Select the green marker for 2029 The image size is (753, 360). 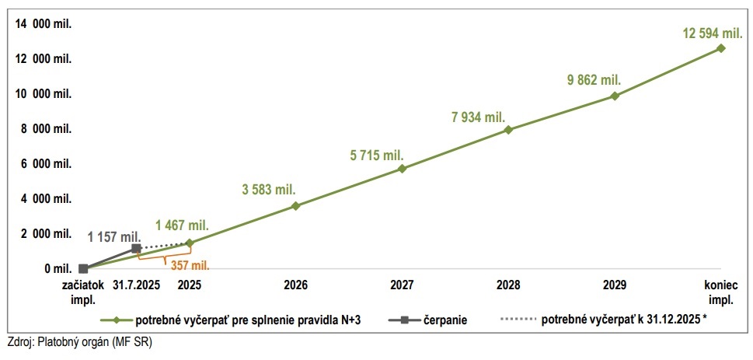[615, 96]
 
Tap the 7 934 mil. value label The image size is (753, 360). [479, 117]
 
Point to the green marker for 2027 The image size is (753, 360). [402, 169]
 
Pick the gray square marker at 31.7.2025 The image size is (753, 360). [136, 249]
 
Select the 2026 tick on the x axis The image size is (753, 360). [295, 285]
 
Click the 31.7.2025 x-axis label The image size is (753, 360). [136, 285]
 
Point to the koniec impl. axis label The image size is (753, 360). [720, 290]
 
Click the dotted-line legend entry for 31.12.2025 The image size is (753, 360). [614, 320]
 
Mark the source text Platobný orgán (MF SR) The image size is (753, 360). [79, 342]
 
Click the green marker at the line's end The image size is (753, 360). [721, 48]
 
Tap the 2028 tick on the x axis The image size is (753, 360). [508, 285]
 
